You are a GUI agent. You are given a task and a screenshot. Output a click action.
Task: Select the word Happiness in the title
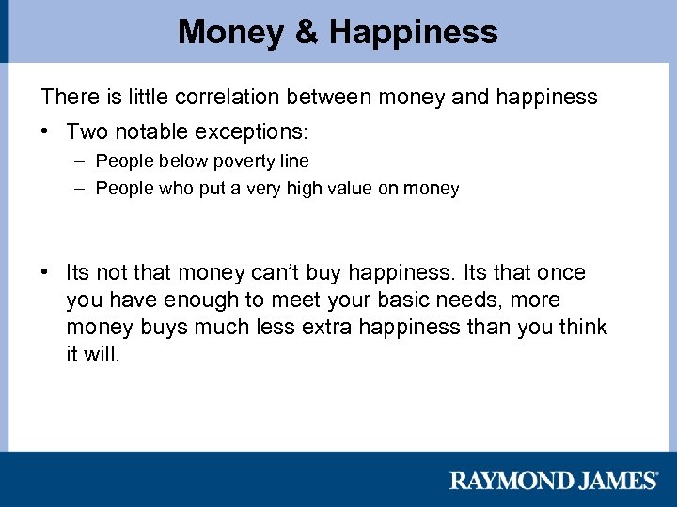point(413,32)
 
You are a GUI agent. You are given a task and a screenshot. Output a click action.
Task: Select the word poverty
point(242,161)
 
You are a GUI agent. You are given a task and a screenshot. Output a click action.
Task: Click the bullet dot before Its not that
point(46,273)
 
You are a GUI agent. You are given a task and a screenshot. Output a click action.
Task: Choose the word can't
point(278,273)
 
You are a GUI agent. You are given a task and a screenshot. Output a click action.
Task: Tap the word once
point(560,273)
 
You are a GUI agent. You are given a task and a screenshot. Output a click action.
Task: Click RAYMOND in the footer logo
point(505,481)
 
